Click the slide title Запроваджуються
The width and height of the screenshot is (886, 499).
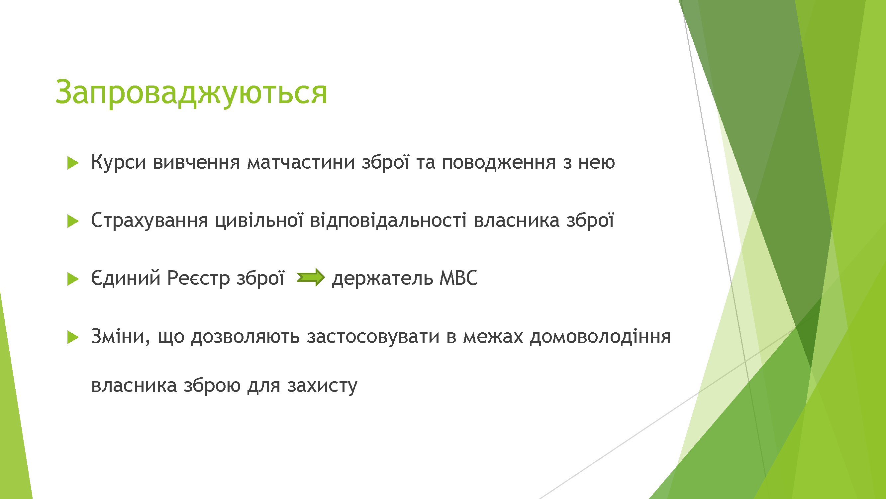pos(191,92)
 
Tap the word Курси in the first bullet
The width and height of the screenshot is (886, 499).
pos(119,162)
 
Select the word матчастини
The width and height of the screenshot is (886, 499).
pos(301,162)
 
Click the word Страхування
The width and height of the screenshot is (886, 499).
pos(149,221)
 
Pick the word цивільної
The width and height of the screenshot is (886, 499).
pos(259,221)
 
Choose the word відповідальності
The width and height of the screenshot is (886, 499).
pos(388,221)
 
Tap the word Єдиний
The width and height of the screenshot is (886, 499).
pos(126,278)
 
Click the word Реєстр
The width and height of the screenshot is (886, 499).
pos(198,278)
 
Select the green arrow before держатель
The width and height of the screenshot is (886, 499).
pos(311,277)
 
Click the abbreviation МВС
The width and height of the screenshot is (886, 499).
pos(458,278)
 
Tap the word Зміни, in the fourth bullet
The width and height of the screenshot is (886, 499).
pos(121,337)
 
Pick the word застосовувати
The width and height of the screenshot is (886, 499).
pos(373,337)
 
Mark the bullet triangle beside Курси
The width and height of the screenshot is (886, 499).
pos(73,163)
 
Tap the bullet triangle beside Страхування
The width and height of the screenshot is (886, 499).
pos(73,221)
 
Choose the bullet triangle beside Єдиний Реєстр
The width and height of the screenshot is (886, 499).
pos(73,279)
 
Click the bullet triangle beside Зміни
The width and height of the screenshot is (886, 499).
pos(73,337)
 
